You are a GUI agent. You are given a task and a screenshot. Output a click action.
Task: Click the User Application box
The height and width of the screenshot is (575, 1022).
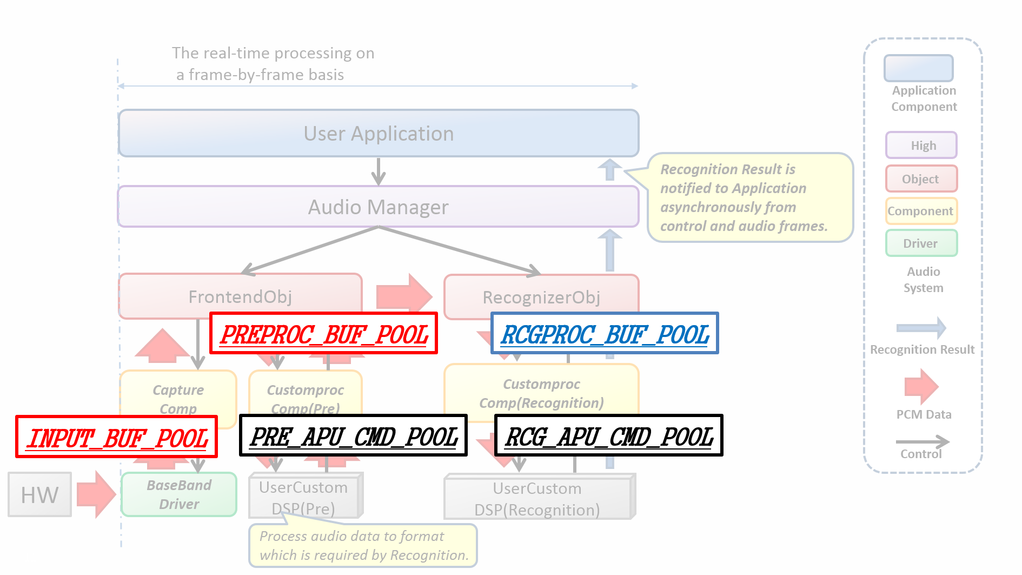379,134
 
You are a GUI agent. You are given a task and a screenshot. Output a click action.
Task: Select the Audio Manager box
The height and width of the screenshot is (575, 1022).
379,207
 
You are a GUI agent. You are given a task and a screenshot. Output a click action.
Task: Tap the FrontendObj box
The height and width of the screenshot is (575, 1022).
240,296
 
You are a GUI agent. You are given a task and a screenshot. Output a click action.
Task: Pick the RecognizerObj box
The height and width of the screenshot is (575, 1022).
541,297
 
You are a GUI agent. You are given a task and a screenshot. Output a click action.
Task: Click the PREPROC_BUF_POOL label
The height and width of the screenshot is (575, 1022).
323,334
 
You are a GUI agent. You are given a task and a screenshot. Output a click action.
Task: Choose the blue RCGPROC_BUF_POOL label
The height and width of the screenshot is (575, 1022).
605,334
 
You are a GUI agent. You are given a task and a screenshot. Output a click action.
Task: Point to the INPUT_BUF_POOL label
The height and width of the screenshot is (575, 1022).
117,437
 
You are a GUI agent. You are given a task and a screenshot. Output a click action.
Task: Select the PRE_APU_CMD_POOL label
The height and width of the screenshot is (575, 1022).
353,436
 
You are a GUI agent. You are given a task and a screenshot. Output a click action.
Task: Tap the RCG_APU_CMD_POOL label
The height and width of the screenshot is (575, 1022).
609,436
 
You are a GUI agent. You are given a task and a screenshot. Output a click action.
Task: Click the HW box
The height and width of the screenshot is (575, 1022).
39,495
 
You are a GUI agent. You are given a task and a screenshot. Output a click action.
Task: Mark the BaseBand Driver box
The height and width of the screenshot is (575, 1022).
179,494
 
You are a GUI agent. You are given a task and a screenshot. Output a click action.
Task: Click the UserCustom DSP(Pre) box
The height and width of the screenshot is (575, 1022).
304,498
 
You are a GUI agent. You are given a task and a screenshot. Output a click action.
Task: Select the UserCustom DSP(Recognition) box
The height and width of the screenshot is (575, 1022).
537,499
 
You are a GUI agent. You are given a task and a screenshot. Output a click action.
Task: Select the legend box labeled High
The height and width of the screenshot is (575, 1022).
921,146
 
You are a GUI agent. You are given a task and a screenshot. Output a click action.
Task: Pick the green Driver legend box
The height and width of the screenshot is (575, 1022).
921,243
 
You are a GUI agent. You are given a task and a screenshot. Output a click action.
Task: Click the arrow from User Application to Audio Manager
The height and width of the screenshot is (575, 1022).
379,171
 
